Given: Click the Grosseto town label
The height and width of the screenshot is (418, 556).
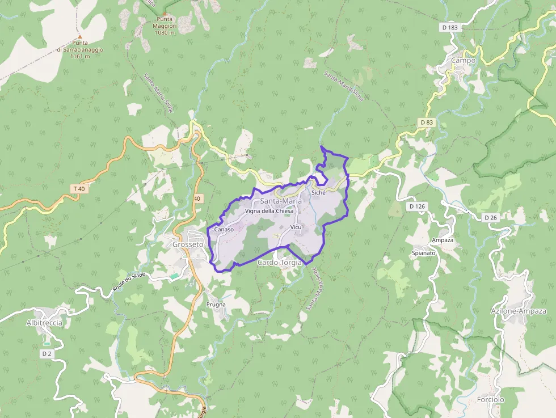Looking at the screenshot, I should pos(187,244).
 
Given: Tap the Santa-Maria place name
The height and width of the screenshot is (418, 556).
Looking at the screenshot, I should pos(281,201).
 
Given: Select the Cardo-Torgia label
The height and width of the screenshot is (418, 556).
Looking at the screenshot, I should pos(279,263).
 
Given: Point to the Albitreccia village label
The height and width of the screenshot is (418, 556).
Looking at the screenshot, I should pos(44,323).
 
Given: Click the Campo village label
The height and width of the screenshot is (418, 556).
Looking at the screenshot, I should pos(464,60).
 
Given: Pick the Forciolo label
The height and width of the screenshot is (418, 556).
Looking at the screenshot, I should pos(491,399).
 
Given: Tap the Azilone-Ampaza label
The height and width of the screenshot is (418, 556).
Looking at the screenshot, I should pos(519,311).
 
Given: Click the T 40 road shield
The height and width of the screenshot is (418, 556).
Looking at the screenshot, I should pos(79,188).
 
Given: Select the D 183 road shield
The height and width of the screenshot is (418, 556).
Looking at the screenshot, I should pos(449,27).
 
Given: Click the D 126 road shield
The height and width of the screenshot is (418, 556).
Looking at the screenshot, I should pos(417,206).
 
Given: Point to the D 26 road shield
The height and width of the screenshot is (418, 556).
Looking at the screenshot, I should pos(491,217).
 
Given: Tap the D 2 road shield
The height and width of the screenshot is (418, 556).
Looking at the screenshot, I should pos(47,353).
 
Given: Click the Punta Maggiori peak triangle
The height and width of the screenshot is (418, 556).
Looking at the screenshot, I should pos(165,14).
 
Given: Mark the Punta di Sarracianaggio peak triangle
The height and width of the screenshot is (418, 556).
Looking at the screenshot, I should pos(80,37).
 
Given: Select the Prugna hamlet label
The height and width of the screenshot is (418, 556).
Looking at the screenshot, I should pos(216,305).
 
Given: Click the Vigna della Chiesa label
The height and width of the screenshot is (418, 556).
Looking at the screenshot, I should pos(269,211).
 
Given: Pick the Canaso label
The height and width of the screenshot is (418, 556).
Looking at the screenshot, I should pos(224,230).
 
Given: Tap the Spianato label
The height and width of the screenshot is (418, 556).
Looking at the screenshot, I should pos(424,253).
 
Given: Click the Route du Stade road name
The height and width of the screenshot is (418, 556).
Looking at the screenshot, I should pos(129,281).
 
